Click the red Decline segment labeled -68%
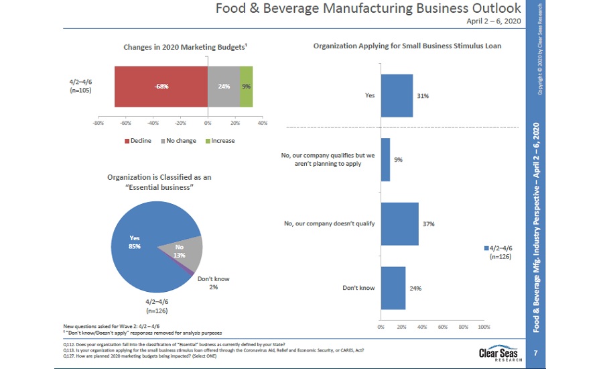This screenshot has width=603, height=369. tap(161, 87)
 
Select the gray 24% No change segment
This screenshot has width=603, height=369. tap(223, 87)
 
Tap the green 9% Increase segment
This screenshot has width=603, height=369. tap(246, 87)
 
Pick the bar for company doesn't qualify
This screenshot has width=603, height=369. tap(399, 223)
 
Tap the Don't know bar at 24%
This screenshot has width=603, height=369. tap(393, 288)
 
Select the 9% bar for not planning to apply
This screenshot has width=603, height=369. tap(385, 159)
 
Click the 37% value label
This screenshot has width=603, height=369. tap(429, 224)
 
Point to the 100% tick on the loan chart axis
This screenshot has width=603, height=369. tap(484, 327)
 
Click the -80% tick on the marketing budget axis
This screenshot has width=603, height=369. tap(98, 123)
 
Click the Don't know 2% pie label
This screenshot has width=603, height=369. tap(213, 282)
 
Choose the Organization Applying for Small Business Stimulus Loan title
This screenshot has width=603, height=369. tap(407, 46)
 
